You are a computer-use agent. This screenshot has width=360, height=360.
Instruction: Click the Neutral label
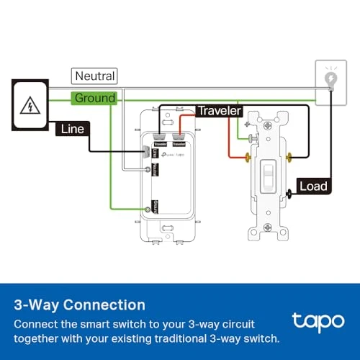94,76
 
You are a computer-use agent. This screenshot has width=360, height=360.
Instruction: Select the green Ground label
94,97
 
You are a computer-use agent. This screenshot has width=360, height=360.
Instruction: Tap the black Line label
73,129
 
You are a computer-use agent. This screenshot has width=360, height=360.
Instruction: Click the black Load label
313,186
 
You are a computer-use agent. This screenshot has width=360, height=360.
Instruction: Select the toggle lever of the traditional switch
267,176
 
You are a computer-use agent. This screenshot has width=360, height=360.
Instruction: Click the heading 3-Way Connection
79,305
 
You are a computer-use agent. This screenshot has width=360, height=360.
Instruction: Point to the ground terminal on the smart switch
148,208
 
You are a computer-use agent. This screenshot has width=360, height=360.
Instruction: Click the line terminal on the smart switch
148,152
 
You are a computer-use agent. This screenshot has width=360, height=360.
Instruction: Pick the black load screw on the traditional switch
289,192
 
